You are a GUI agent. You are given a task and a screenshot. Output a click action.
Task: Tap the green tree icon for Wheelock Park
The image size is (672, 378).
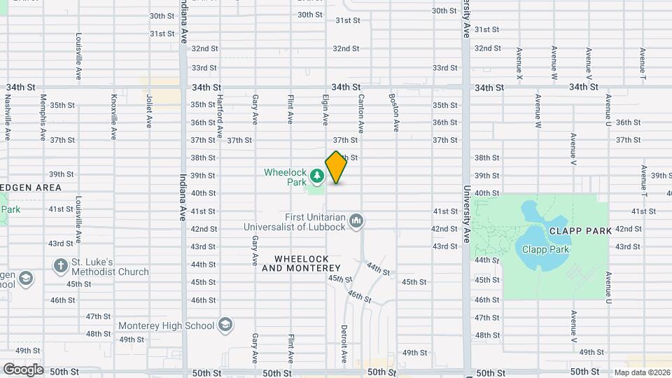pyautogui.click(x=317, y=174)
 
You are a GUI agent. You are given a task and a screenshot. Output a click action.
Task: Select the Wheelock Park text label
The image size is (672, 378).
pyautogui.click(x=286, y=177)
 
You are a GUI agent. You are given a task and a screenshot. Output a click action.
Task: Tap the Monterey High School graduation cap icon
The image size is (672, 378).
pyautogui.click(x=225, y=325)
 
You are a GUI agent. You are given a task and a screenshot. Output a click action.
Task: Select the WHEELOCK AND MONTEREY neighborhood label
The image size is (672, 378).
pyautogui.click(x=301, y=264)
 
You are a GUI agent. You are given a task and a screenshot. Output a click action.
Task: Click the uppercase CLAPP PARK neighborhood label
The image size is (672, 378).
pyautogui.click(x=580, y=230)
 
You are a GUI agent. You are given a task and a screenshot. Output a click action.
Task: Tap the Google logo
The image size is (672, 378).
pyautogui.click(x=23, y=369)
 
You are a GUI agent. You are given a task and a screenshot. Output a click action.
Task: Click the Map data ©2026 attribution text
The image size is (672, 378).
pyautogui.click(x=641, y=372)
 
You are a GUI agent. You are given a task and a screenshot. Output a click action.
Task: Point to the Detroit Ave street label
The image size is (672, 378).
pyautogui.click(x=344, y=343)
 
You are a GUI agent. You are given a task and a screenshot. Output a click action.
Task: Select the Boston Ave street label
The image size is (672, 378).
pyautogui.click(x=395, y=113)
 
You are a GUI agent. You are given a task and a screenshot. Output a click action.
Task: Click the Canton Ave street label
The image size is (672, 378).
pyautogui.click(x=361, y=113)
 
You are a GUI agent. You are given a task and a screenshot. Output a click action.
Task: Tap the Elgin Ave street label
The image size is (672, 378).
pyautogui.click(x=325, y=111)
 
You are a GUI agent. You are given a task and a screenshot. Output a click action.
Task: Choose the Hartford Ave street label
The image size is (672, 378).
pyautogui.click(x=219, y=115)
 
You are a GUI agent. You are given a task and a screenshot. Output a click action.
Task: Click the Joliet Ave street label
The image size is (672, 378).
pyautogui.click(x=149, y=112)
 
